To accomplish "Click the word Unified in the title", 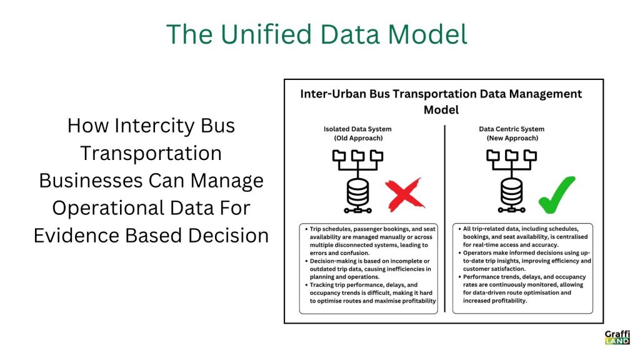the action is [x=266, y=34].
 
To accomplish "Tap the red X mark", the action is [x=405, y=195].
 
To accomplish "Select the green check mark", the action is [x=557, y=195].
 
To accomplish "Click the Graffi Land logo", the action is [x=617, y=337].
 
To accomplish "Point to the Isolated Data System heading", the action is [x=357, y=129].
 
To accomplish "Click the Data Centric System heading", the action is [x=511, y=129].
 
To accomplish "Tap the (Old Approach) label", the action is [x=358, y=138].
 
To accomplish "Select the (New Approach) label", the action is [x=512, y=138].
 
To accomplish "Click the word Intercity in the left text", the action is [x=154, y=126].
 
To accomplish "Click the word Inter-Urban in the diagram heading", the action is [x=332, y=94].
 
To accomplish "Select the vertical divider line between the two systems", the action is [x=444, y=219].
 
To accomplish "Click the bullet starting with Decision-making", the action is [x=368, y=269].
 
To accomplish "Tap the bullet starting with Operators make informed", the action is [x=524, y=261].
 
